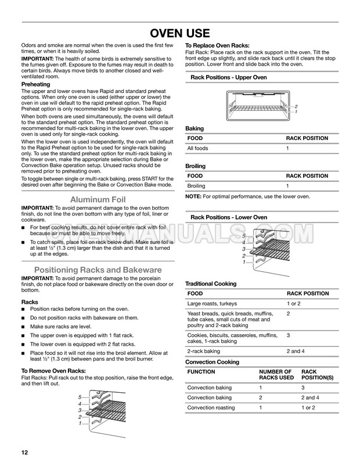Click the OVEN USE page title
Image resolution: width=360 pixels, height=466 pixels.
(x=179, y=33)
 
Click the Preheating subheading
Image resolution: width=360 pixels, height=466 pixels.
(x=35, y=84)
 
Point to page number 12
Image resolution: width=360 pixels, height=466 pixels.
(x=25, y=452)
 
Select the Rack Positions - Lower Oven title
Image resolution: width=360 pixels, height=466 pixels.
(x=229, y=217)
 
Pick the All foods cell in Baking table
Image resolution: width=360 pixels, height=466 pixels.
(x=197, y=149)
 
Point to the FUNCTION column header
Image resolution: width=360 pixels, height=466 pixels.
(x=201, y=372)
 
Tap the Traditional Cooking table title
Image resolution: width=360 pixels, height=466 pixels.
(x=211, y=284)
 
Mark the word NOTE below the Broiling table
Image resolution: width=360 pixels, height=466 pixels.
(x=193, y=196)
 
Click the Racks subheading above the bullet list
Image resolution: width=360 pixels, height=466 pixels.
(x=30, y=302)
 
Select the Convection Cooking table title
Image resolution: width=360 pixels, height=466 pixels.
(x=212, y=362)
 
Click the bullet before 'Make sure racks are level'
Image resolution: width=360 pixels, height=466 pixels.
(x=23, y=327)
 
